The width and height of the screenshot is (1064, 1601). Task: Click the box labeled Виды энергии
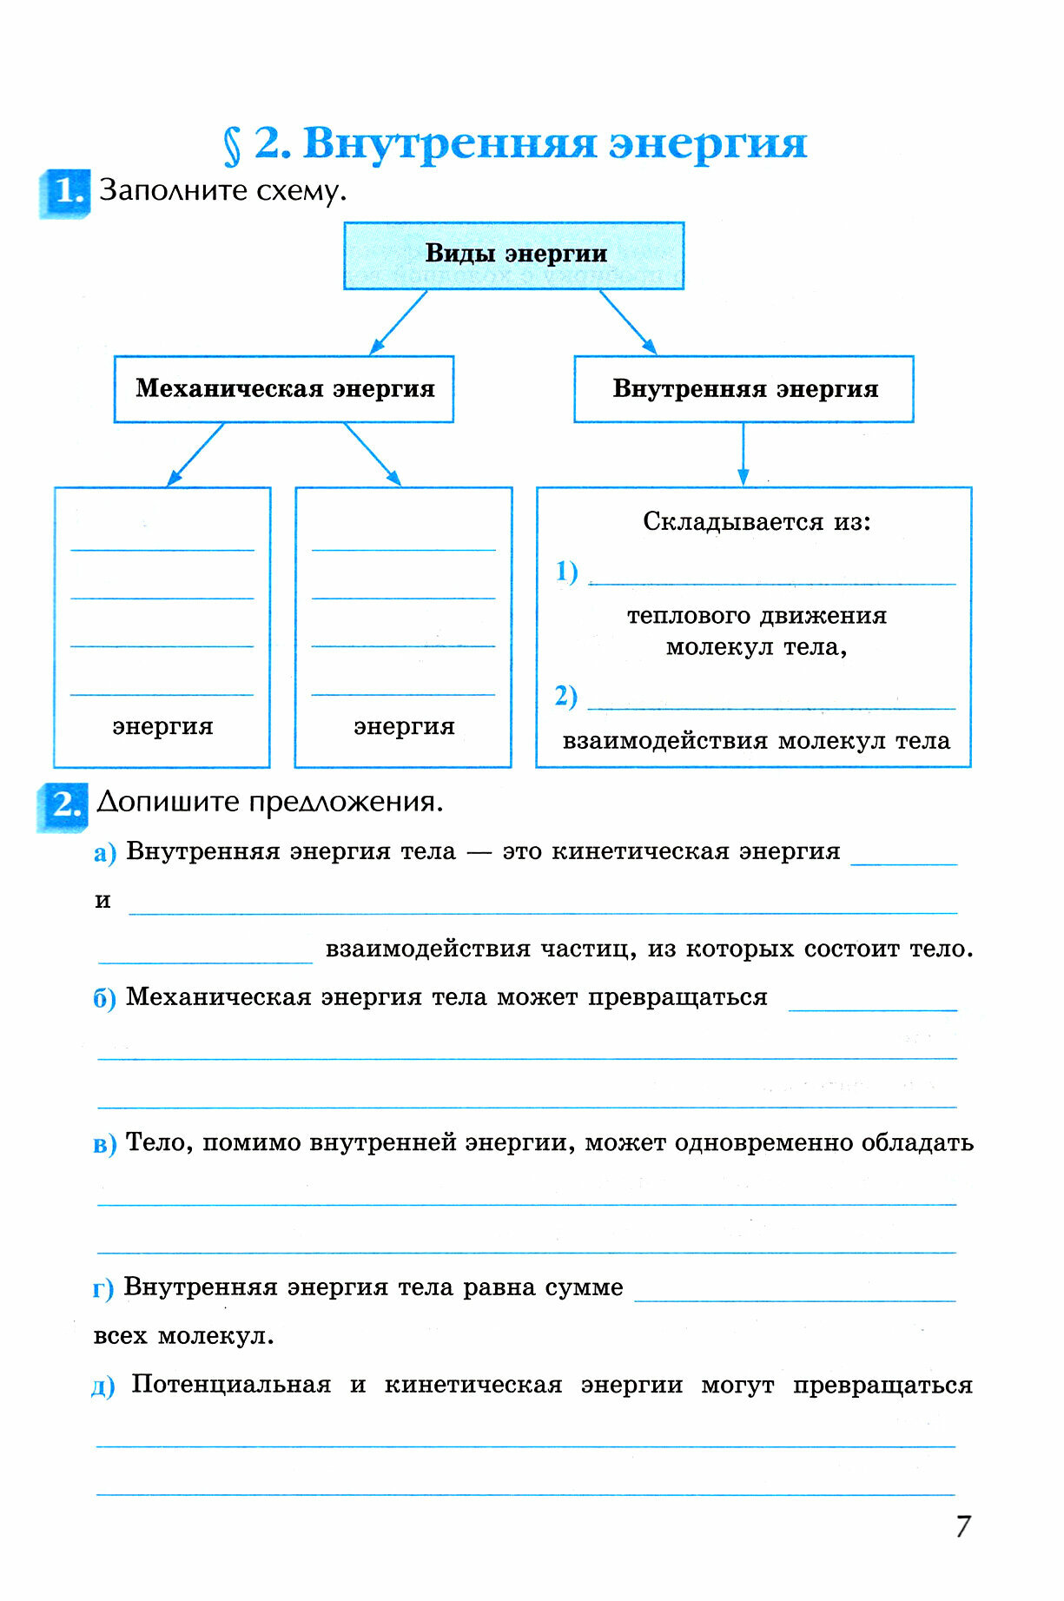pyautogui.click(x=514, y=255)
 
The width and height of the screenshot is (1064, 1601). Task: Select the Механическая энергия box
pyautogui.click(x=284, y=389)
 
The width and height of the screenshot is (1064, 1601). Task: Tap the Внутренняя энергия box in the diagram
pyautogui.click(x=743, y=389)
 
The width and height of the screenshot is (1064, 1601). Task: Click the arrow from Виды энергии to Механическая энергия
pyautogui.click(x=399, y=322)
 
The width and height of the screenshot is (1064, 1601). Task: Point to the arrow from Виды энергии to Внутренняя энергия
pyautogui.click(x=628, y=322)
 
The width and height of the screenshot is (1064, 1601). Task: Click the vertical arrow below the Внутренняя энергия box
pyautogui.click(x=743, y=453)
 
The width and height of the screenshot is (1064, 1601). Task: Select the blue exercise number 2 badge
pyautogui.click(x=63, y=805)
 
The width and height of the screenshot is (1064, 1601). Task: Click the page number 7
pyautogui.click(x=962, y=1526)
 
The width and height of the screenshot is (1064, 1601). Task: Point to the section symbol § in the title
pyautogui.click(x=232, y=146)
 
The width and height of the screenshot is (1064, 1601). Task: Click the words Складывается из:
pyautogui.click(x=757, y=521)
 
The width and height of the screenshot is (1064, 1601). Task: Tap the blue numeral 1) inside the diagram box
pyautogui.click(x=566, y=572)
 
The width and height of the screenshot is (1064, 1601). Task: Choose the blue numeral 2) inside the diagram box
pyautogui.click(x=565, y=696)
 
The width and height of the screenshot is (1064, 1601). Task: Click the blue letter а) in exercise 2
pyautogui.click(x=104, y=853)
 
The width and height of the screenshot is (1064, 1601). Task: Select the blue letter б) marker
pyautogui.click(x=104, y=999)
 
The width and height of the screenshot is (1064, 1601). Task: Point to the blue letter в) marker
pyautogui.click(x=104, y=1144)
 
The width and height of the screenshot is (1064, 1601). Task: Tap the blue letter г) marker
pyautogui.click(x=102, y=1289)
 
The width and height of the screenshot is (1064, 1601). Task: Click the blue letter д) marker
pyautogui.click(x=102, y=1386)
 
